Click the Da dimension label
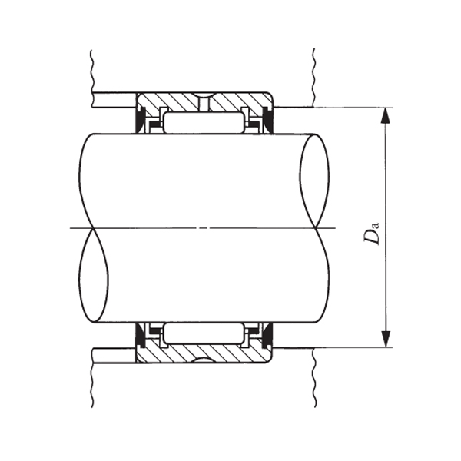tap(373, 232)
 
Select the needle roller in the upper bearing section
tap(204, 122)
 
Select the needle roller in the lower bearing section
tap(204, 333)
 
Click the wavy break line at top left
tap(91, 69)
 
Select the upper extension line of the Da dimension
tap(338, 107)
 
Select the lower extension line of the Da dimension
tap(338, 347)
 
